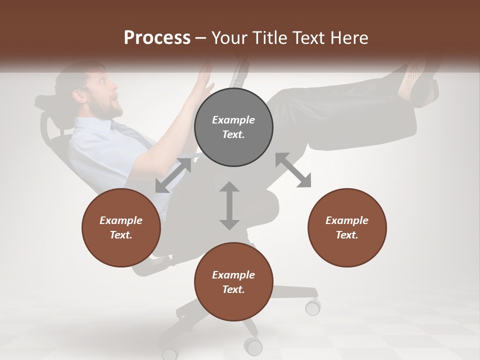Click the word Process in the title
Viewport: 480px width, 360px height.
157,38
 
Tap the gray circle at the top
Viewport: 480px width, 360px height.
233,127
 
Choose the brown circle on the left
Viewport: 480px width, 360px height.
121,228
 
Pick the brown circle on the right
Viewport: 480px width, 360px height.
347,228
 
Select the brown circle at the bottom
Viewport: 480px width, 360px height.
233,282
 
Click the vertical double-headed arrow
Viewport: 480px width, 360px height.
229,205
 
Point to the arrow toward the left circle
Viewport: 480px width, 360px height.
173,175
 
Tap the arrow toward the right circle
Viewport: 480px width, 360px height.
293,170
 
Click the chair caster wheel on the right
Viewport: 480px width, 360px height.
313,306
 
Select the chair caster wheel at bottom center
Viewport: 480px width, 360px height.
253,346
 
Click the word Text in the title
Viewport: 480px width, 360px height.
308,38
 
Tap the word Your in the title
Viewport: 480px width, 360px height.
228,38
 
